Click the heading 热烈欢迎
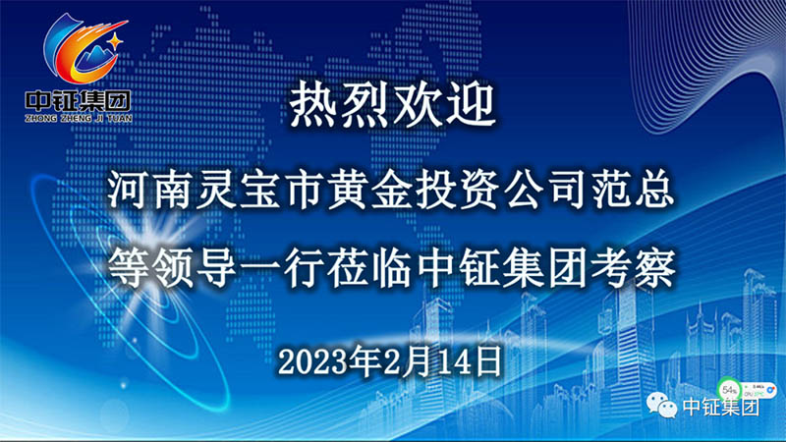(x=392, y=106)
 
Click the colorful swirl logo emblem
(x=84, y=49)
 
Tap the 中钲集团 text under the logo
(x=79, y=101)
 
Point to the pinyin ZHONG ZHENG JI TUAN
(x=79, y=119)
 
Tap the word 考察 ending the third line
(x=633, y=268)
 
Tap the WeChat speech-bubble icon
(x=661, y=405)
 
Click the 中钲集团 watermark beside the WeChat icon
(x=720, y=407)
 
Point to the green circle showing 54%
(x=729, y=390)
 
